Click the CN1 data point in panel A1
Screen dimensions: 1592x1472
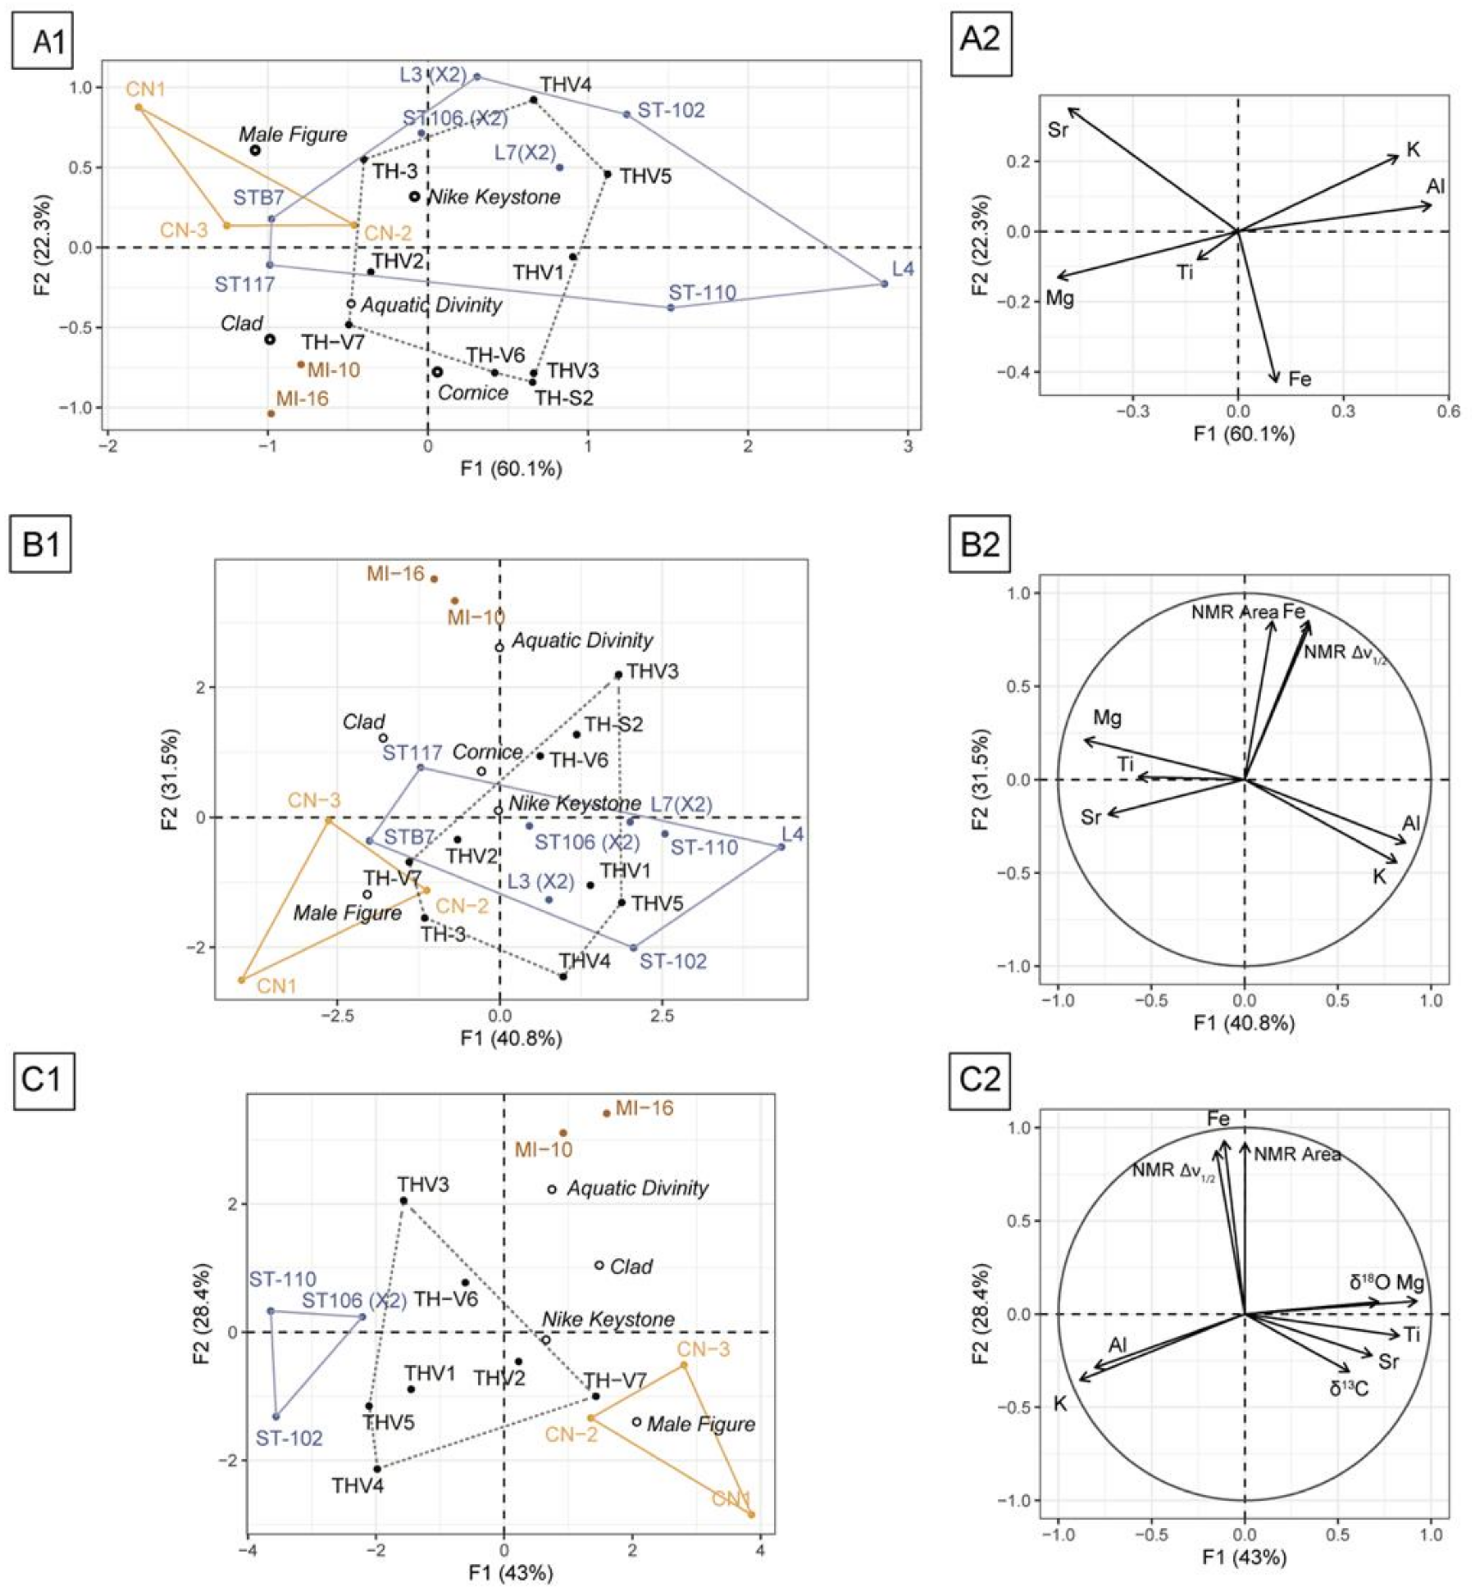(139, 107)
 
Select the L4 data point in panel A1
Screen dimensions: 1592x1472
(884, 284)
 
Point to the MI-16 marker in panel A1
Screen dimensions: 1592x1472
(271, 413)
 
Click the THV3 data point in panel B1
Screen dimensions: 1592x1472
(618, 675)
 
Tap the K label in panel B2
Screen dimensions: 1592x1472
(1380, 876)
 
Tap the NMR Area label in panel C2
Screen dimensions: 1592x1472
(1297, 1154)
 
